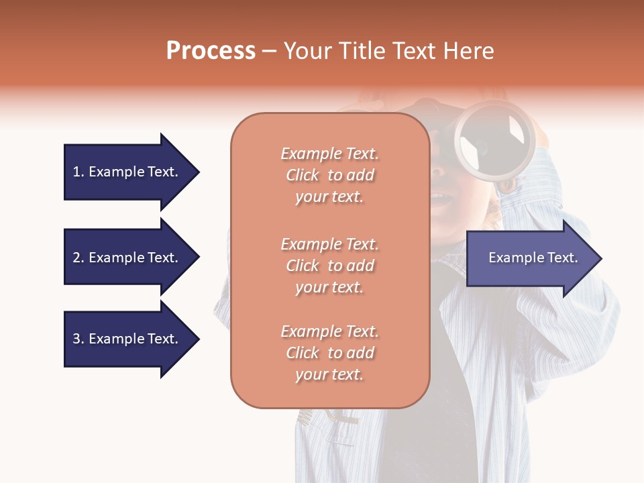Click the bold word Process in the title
(211, 51)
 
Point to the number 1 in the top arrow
(76, 172)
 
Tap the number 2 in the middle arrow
(77, 258)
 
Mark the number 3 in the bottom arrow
(77, 339)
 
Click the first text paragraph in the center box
(329, 175)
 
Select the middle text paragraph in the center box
(329, 266)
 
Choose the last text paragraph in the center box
(329, 353)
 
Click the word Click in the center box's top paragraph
(303, 175)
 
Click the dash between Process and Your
(269, 52)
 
